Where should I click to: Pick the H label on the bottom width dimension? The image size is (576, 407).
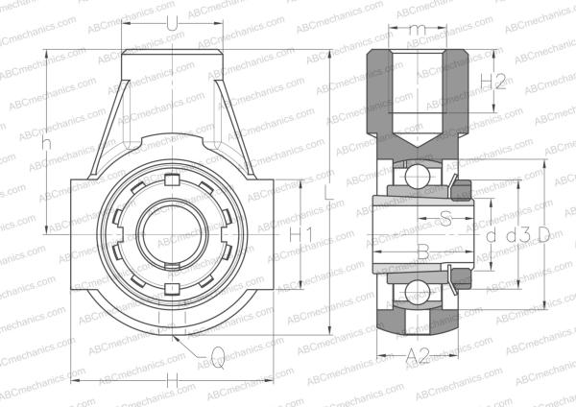click(173, 381)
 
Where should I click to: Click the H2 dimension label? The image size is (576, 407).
click(492, 82)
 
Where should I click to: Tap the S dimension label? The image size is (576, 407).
click(445, 218)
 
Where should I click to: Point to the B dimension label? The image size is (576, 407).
click(422, 251)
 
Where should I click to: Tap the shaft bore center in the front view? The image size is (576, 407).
click(172, 234)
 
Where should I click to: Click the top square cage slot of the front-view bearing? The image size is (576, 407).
click(172, 180)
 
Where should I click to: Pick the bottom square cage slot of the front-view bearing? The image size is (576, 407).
click(172, 288)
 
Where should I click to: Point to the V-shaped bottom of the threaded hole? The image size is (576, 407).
click(415, 142)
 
